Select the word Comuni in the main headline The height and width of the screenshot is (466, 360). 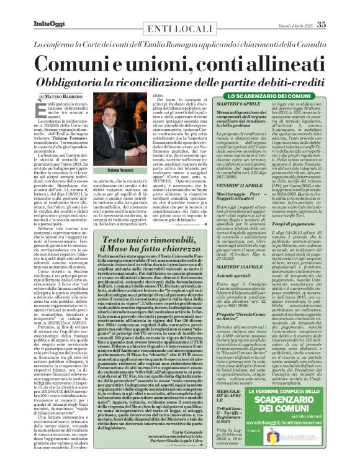coord(77,65)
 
